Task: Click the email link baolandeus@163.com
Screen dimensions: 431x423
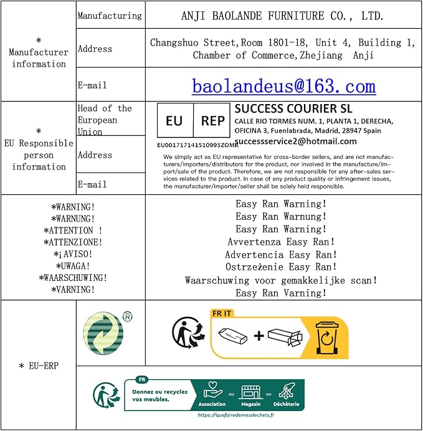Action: click(x=283, y=85)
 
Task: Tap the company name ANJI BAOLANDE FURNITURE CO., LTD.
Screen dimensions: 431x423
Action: click(x=282, y=16)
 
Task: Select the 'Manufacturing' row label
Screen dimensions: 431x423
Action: click(x=110, y=16)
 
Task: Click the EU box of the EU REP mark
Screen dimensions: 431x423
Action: click(x=174, y=121)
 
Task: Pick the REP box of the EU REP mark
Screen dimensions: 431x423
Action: click(x=212, y=121)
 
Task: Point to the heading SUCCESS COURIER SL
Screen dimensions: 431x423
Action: click(x=293, y=108)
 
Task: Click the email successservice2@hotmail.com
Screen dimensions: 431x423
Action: click(x=295, y=141)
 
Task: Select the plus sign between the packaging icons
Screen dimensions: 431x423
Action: click(x=259, y=336)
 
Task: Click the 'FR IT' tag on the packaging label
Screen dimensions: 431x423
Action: click(x=222, y=313)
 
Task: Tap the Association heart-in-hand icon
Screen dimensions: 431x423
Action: click(x=213, y=392)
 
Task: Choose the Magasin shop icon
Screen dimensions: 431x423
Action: click(x=250, y=392)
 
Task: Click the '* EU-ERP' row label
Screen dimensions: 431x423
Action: click(x=39, y=366)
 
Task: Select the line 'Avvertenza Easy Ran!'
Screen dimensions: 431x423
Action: click(x=281, y=242)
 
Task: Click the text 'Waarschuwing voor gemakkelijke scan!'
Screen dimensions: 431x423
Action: click(x=281, y=280)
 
